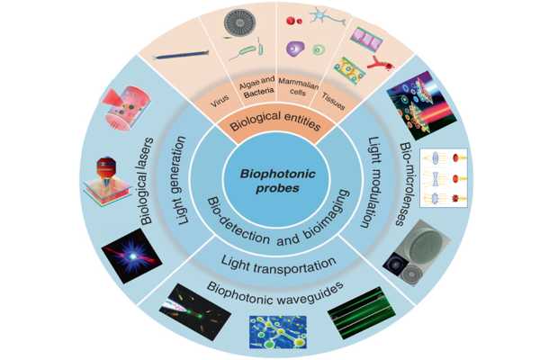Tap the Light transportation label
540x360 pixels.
click(270, 261)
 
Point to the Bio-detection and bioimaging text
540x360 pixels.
click(270, 221)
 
